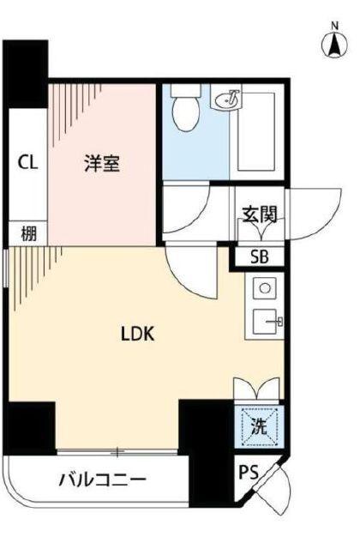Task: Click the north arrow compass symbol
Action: pyautogui.click(x=333, y=43)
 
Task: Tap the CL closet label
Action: pyautogui.click(x=27, y=162)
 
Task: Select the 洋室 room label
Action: pyautogui.click(x=102, y=163)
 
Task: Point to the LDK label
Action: pyautogui.click(x=136, y=333)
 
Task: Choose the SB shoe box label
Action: pyautogui.click(x=258, y=256)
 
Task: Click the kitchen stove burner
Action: pyautogui.click(x=264, y=288)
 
